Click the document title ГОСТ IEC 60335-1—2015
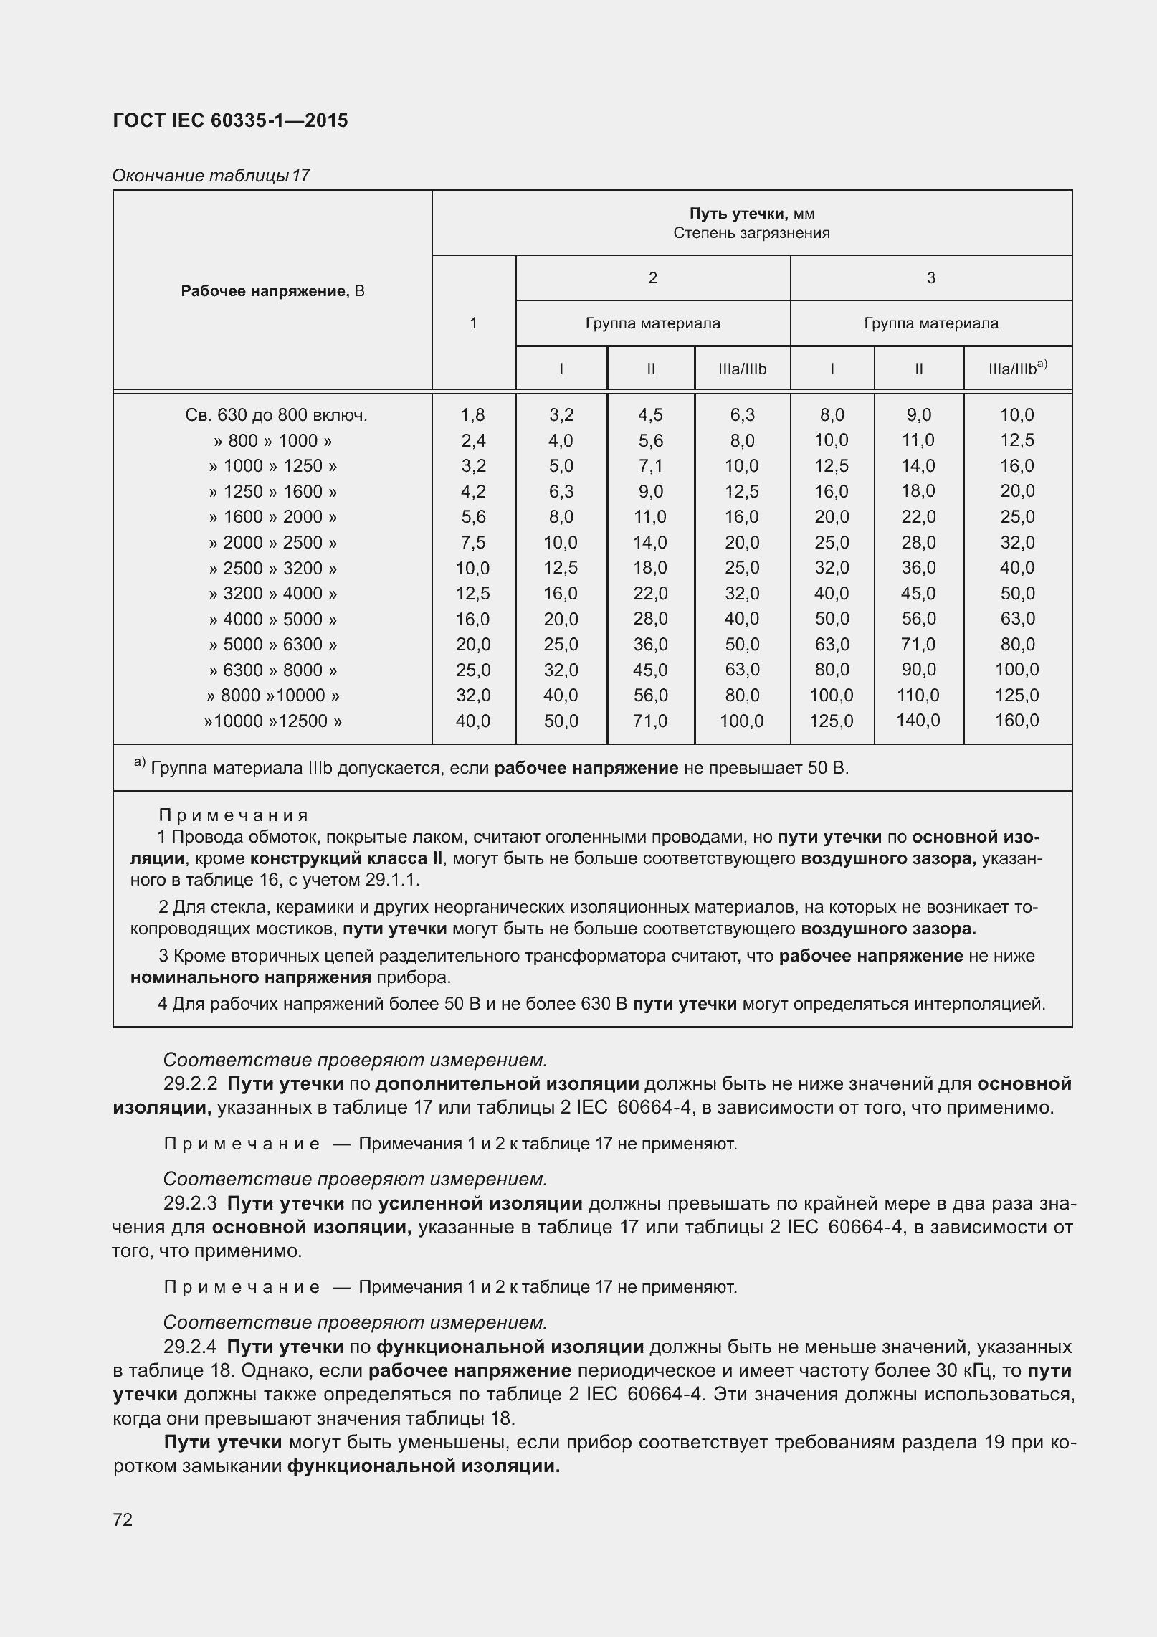230,120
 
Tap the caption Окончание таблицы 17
211,175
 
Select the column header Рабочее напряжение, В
272,290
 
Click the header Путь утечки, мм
751,214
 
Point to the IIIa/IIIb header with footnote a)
1017,369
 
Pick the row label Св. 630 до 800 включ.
276,415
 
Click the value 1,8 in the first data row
473,415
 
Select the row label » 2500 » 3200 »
272,568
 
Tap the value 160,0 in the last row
1016,721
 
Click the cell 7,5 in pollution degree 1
473,542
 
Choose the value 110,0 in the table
918,695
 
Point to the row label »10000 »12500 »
272,721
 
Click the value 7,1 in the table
650,466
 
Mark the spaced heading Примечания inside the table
234,815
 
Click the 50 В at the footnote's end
828,768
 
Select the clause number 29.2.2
190,1083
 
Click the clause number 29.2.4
190,1347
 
